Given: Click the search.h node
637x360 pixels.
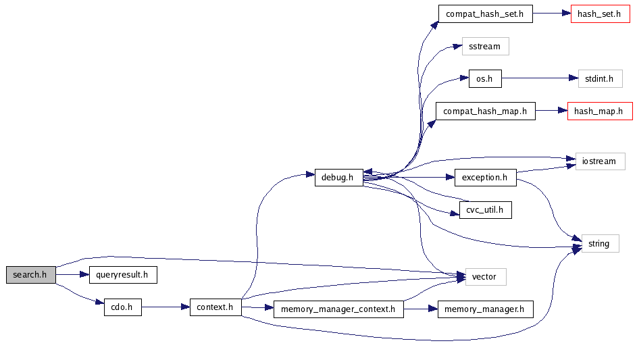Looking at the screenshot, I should pyautogui.click(x=30, y=275).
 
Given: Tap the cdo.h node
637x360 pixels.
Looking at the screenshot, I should pyautogui.click(x=122, y=307).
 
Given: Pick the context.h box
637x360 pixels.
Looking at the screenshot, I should pyautogui.click(x=215, y=307).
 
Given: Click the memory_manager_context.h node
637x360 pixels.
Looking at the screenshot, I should pyautogui.click(x=338, y=309).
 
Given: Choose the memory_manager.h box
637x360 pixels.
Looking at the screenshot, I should pyautogui.click(x=485, y=309).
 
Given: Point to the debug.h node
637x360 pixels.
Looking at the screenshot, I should pyautogui.click(x=338, y=178).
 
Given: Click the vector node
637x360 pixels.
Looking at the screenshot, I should pyautogui.click(x=484, y=276).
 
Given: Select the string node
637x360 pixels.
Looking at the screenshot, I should pyautogui.click(x=599, y=243).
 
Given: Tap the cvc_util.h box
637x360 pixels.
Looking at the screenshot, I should pyautogui.click(x=484, y=210).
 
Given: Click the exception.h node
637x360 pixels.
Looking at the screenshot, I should pyautogui.click(x=484, y=178).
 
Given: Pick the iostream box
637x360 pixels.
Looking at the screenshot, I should pyautogui.click(x=599, y=161).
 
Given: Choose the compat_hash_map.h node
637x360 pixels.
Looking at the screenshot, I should pyautogui.click(x=484, y=111).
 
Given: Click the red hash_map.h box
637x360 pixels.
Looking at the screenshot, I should pyautogui.click(x=598, y=111).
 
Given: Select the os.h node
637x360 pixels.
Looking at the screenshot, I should pyautogui.click(x=484, y=79).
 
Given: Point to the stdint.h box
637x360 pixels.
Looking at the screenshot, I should pyautogui.click(x=599, y=79).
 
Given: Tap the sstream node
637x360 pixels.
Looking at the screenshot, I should pyautogui.click(x=484, y=47).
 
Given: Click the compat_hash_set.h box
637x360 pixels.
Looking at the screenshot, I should pyautogui.click(x=484, y=14).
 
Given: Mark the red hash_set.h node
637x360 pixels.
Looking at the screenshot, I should pyautogui.click(x=598, y=14).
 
